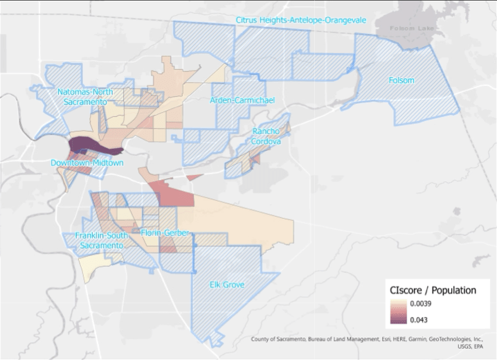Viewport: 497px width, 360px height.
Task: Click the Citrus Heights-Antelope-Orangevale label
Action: tap(300, 20)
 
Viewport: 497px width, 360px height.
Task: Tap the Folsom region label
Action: tap(401, 81)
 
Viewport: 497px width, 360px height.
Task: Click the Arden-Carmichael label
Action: tap(242, 101)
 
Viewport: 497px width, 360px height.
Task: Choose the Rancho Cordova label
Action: tap(266, 136)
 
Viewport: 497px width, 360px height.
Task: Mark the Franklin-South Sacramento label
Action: tap(100, 240)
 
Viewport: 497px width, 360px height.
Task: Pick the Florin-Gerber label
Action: tap(165, 233)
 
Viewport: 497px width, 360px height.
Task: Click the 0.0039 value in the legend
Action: tap(423, 305)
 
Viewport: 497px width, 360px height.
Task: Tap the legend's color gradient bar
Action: tap(397, 312)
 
